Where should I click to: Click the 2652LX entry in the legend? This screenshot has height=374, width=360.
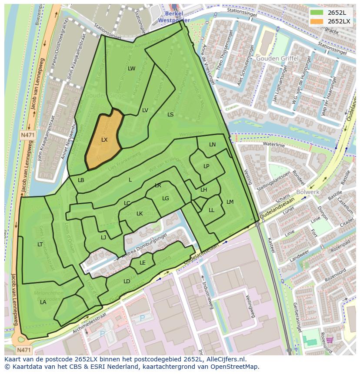click(339, 21)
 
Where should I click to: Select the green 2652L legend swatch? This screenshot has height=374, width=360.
click(317, 12)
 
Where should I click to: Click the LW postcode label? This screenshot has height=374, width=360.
click(131, 69)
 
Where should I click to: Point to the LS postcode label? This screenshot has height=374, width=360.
click(170, 115)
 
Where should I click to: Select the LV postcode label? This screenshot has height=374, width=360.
click(145, 110)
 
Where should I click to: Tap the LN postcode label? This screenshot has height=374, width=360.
click(212, 145)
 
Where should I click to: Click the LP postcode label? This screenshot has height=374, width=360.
click(206, 166)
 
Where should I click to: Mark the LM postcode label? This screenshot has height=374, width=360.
click(230, 202)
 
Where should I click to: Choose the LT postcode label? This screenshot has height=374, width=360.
click(40, 245)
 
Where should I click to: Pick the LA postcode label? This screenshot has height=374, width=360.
click(43, 302)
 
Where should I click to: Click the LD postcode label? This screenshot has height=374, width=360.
click(127, 281)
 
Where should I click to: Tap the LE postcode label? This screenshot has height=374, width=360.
click(143, 263)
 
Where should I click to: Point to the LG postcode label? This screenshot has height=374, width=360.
click(165, 199)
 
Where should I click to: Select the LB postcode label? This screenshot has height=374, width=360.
click(81, 180)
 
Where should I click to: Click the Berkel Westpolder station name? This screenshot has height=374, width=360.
click(173, 17)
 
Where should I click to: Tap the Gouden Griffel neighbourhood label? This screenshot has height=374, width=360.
click(277, 58)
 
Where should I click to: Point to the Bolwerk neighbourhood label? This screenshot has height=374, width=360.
click(308, 192)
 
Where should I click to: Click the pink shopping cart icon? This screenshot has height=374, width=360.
click(330, 340)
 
